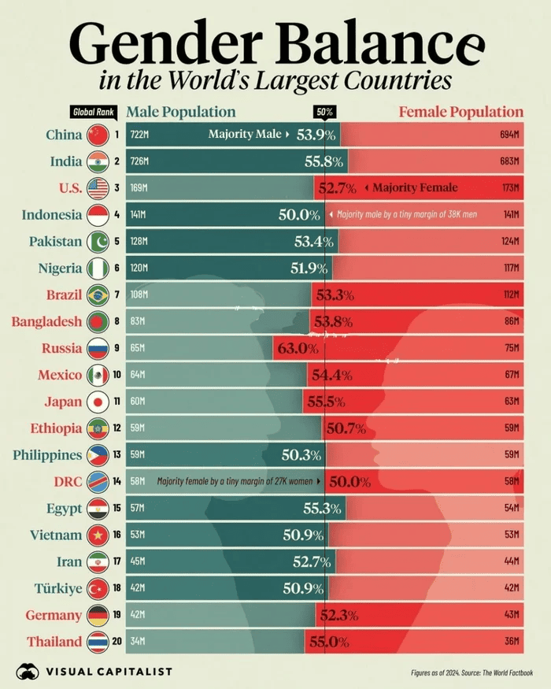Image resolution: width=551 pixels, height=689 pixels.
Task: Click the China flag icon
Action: tap(98, 135)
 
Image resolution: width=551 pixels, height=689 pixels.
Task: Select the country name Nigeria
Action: tap(60, 269)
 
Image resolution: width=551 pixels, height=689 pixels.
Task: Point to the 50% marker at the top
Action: tap(324, 113)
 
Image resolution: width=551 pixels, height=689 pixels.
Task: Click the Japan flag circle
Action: tap(98, 402)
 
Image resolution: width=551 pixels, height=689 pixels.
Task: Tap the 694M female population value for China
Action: tap(510, 135)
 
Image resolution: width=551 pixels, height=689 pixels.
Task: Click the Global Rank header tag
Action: tap(93, 113)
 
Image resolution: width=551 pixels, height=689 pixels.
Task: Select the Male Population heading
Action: tap(181, 112)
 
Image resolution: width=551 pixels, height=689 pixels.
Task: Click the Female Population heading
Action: tap(460, 112)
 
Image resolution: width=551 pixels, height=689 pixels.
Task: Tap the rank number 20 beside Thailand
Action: tap(116, 642)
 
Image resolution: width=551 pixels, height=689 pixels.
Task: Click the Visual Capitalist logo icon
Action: tap(28, 672)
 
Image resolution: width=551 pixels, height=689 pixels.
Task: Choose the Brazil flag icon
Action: tap(98, 294)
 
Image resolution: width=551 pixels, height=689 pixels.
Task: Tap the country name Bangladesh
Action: tap(46, 321)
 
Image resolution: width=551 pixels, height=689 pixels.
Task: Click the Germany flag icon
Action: tap(98, 615)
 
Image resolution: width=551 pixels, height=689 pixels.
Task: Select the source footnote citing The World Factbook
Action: tap(471, 672)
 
